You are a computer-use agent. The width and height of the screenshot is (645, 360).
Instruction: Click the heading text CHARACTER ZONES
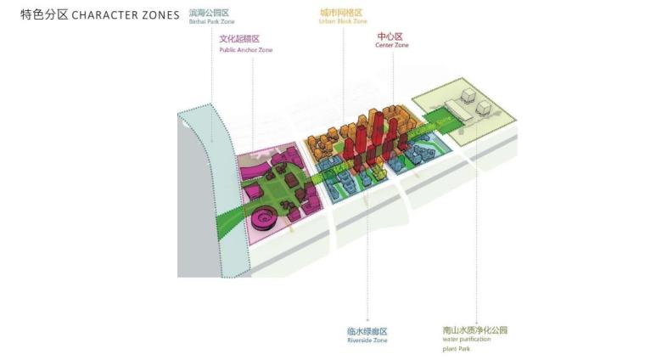tap(126, 15)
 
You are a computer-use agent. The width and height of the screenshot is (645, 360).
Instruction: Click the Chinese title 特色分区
tap(44, 15)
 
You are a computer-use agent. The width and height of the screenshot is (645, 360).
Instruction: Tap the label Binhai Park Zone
tap(211, 22)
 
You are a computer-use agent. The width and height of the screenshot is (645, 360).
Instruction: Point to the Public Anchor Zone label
tap(246, 49)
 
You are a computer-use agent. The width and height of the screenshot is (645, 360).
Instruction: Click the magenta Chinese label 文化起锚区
tap(239, 39)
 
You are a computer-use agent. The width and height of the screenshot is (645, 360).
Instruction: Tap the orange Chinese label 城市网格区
tap(341, 13)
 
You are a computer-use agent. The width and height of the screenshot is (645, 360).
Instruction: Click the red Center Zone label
tap(391, 45)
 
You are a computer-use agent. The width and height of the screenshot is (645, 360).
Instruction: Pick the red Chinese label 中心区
tap(390, 36)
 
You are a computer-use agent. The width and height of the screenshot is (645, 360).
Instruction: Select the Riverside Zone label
tap(367, 340)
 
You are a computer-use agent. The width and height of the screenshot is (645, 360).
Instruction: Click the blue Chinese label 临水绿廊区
tap(367, 330)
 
